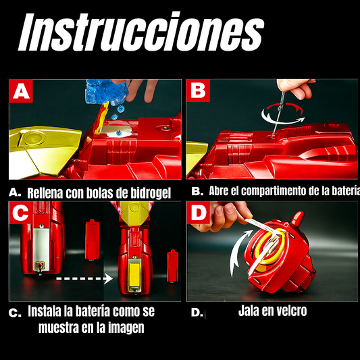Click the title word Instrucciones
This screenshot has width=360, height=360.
coord(141,32)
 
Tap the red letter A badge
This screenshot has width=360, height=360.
coord(21,91)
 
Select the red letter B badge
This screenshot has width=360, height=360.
coord(198,91)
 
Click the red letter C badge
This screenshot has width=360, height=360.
coord(21,213)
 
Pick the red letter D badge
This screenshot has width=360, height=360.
coord(199,213)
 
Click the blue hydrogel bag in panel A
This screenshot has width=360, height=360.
coord(106,91)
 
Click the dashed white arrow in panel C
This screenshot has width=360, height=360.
coord(84,278)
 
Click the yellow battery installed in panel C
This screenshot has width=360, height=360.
coord(134,275)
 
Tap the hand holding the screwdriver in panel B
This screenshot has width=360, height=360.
coord(297,88)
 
